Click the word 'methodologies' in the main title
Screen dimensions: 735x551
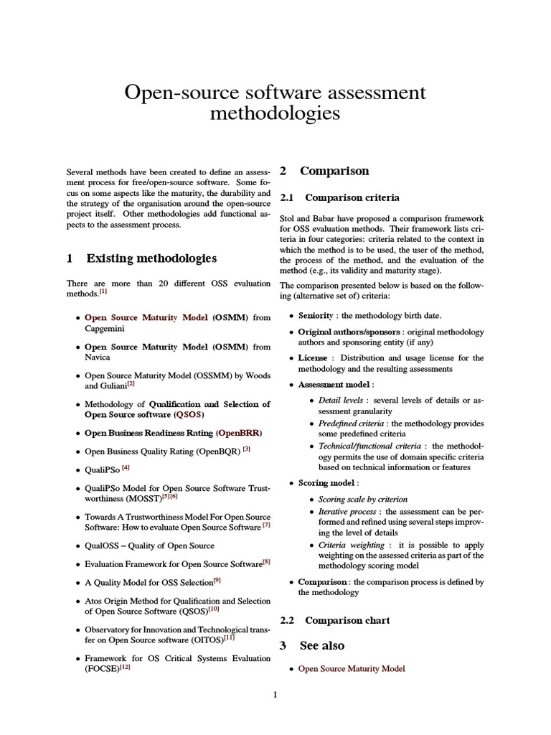[275, 114]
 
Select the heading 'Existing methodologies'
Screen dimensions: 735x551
[151, 258]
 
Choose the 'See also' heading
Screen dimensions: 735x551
[322, 645]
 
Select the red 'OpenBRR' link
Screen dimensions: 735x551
[240, 434]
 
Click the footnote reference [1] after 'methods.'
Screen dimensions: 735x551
[103, 291]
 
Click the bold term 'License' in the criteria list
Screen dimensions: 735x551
[313, 357]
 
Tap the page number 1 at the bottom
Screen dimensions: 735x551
[275, 696]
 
